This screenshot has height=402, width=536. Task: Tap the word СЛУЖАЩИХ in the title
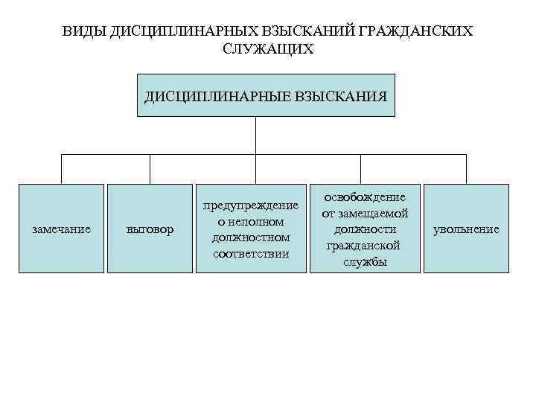[268, 49]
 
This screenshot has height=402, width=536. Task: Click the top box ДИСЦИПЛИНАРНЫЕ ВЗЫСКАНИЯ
[266, 95]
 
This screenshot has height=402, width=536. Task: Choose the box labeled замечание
[62, 229]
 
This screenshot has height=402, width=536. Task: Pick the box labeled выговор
[150, 229]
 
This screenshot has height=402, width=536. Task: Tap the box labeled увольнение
[466, 229]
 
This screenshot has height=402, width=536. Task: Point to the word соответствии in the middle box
[252, 254]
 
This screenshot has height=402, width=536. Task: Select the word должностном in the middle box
[252, 237]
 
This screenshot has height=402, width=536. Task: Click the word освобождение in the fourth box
[365, 197]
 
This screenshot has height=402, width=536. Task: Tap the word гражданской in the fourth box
[365, 246]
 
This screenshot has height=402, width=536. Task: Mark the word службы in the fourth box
[365, 262]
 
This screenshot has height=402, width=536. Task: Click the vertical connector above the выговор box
[150, 169]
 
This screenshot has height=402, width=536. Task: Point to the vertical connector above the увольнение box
[466, 169]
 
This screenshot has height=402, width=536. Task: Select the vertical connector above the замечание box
[62, 169]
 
